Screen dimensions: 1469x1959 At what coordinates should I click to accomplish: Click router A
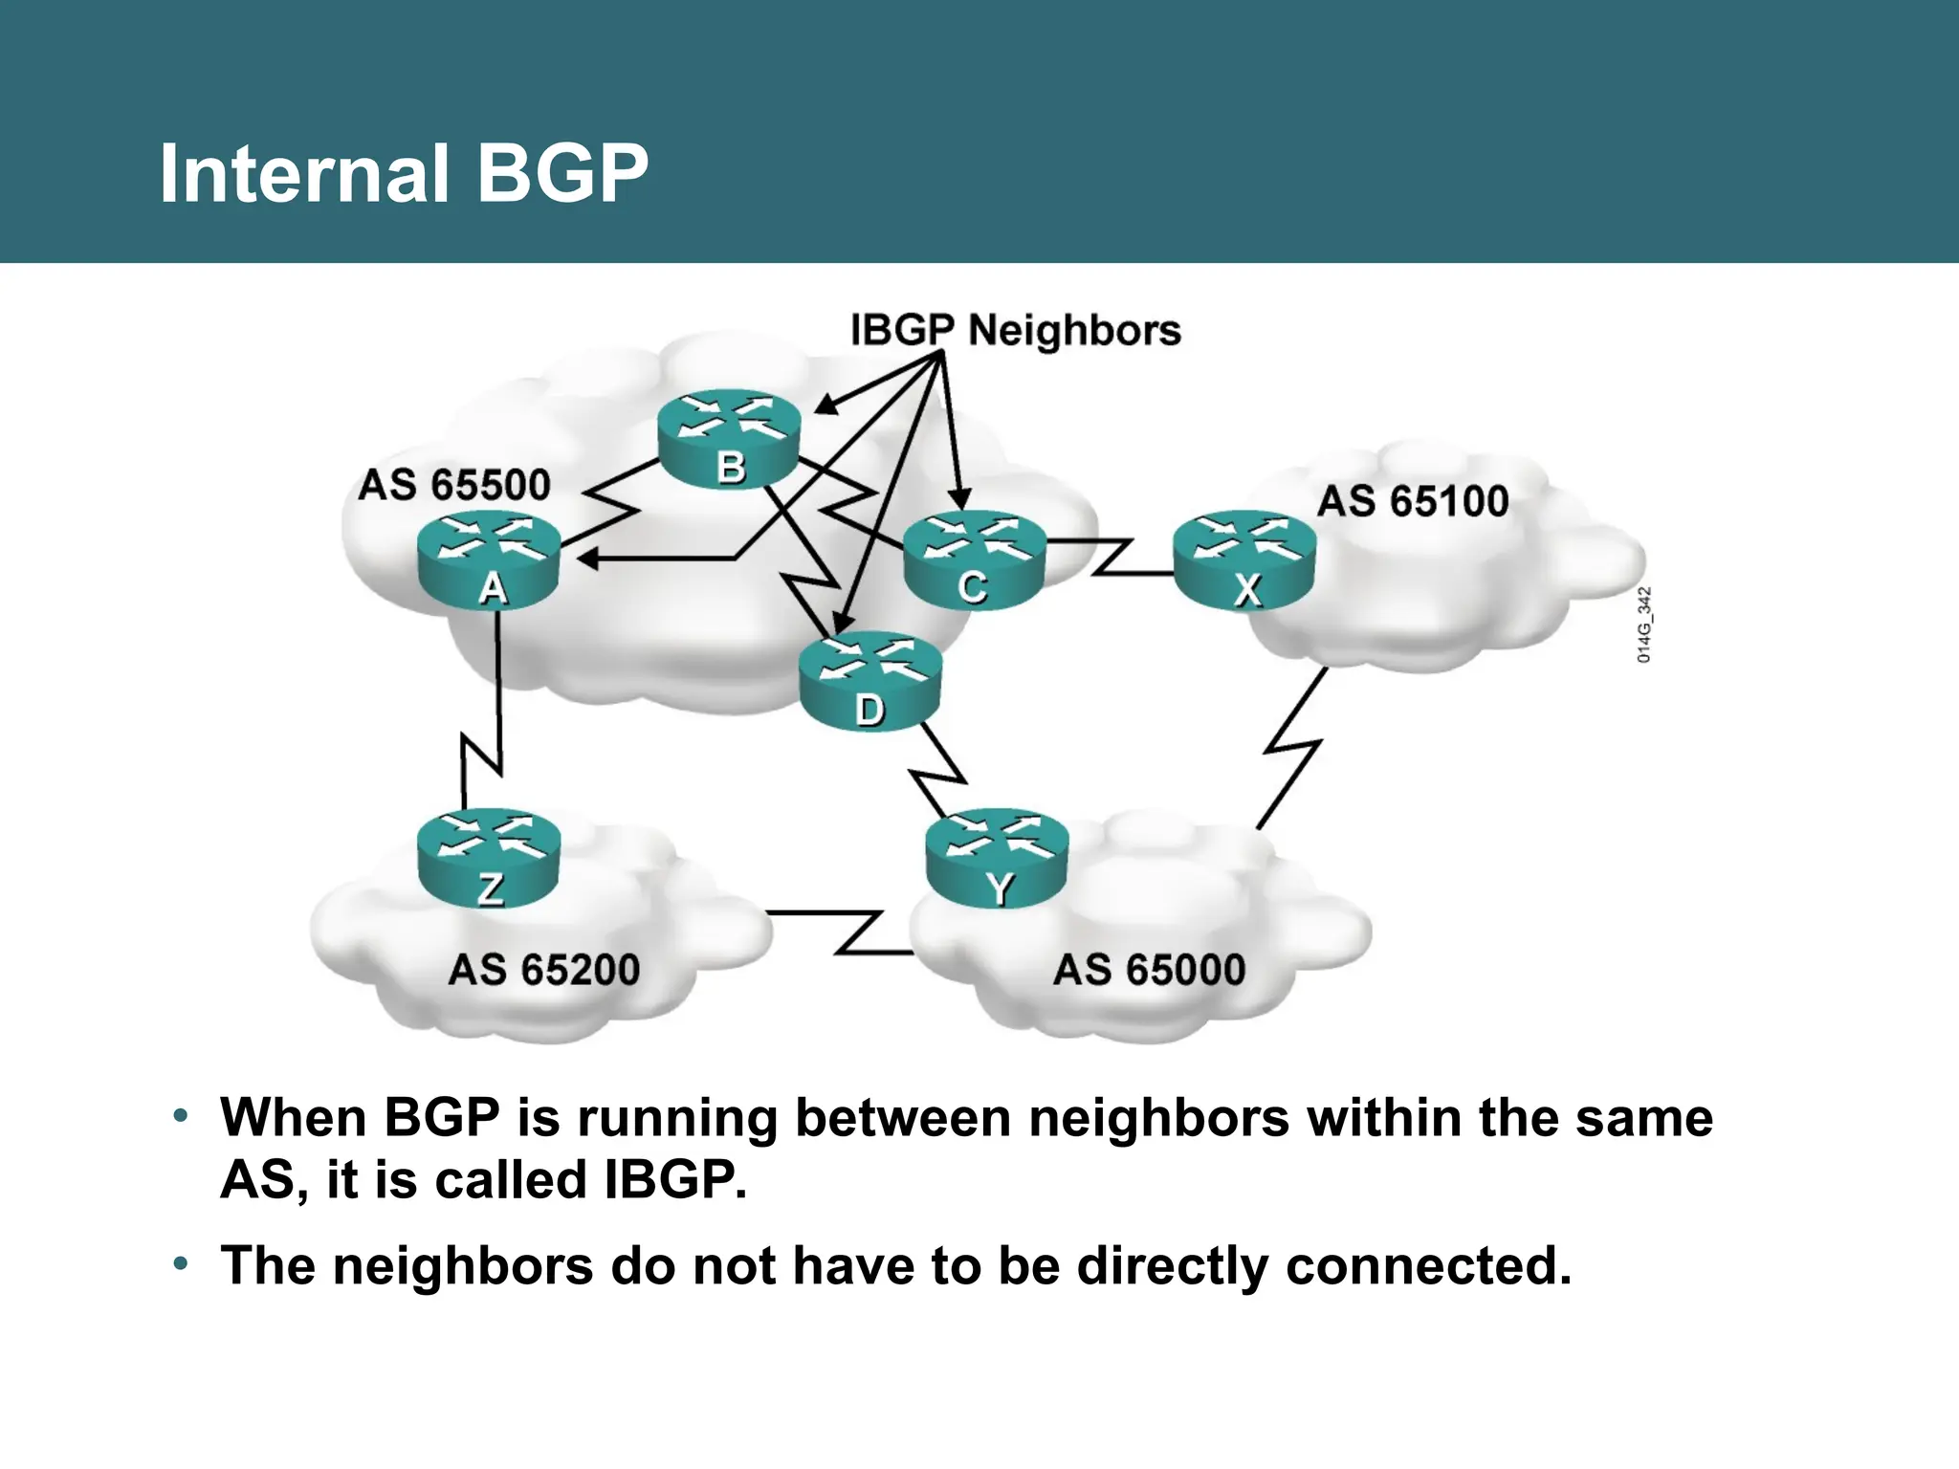coord(489,560)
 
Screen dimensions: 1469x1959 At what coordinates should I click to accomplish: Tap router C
coord(974,559)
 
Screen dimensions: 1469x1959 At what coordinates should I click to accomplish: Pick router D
coord(869,681)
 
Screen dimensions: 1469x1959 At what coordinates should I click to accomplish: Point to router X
coord(1244,560)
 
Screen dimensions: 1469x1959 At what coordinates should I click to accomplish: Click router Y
coord(998,858)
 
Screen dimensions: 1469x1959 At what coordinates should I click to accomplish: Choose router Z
coord(489,858)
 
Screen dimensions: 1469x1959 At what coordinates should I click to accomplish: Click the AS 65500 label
coord(454,485)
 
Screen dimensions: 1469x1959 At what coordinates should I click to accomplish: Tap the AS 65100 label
coord(1413,501)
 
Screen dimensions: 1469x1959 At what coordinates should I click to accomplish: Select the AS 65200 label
coord(543,970)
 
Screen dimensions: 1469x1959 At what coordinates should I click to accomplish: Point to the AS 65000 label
coord(1149,970)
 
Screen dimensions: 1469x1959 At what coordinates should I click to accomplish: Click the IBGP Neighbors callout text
coord(1016,330)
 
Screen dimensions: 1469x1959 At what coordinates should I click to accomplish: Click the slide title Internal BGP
coord(404,173)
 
